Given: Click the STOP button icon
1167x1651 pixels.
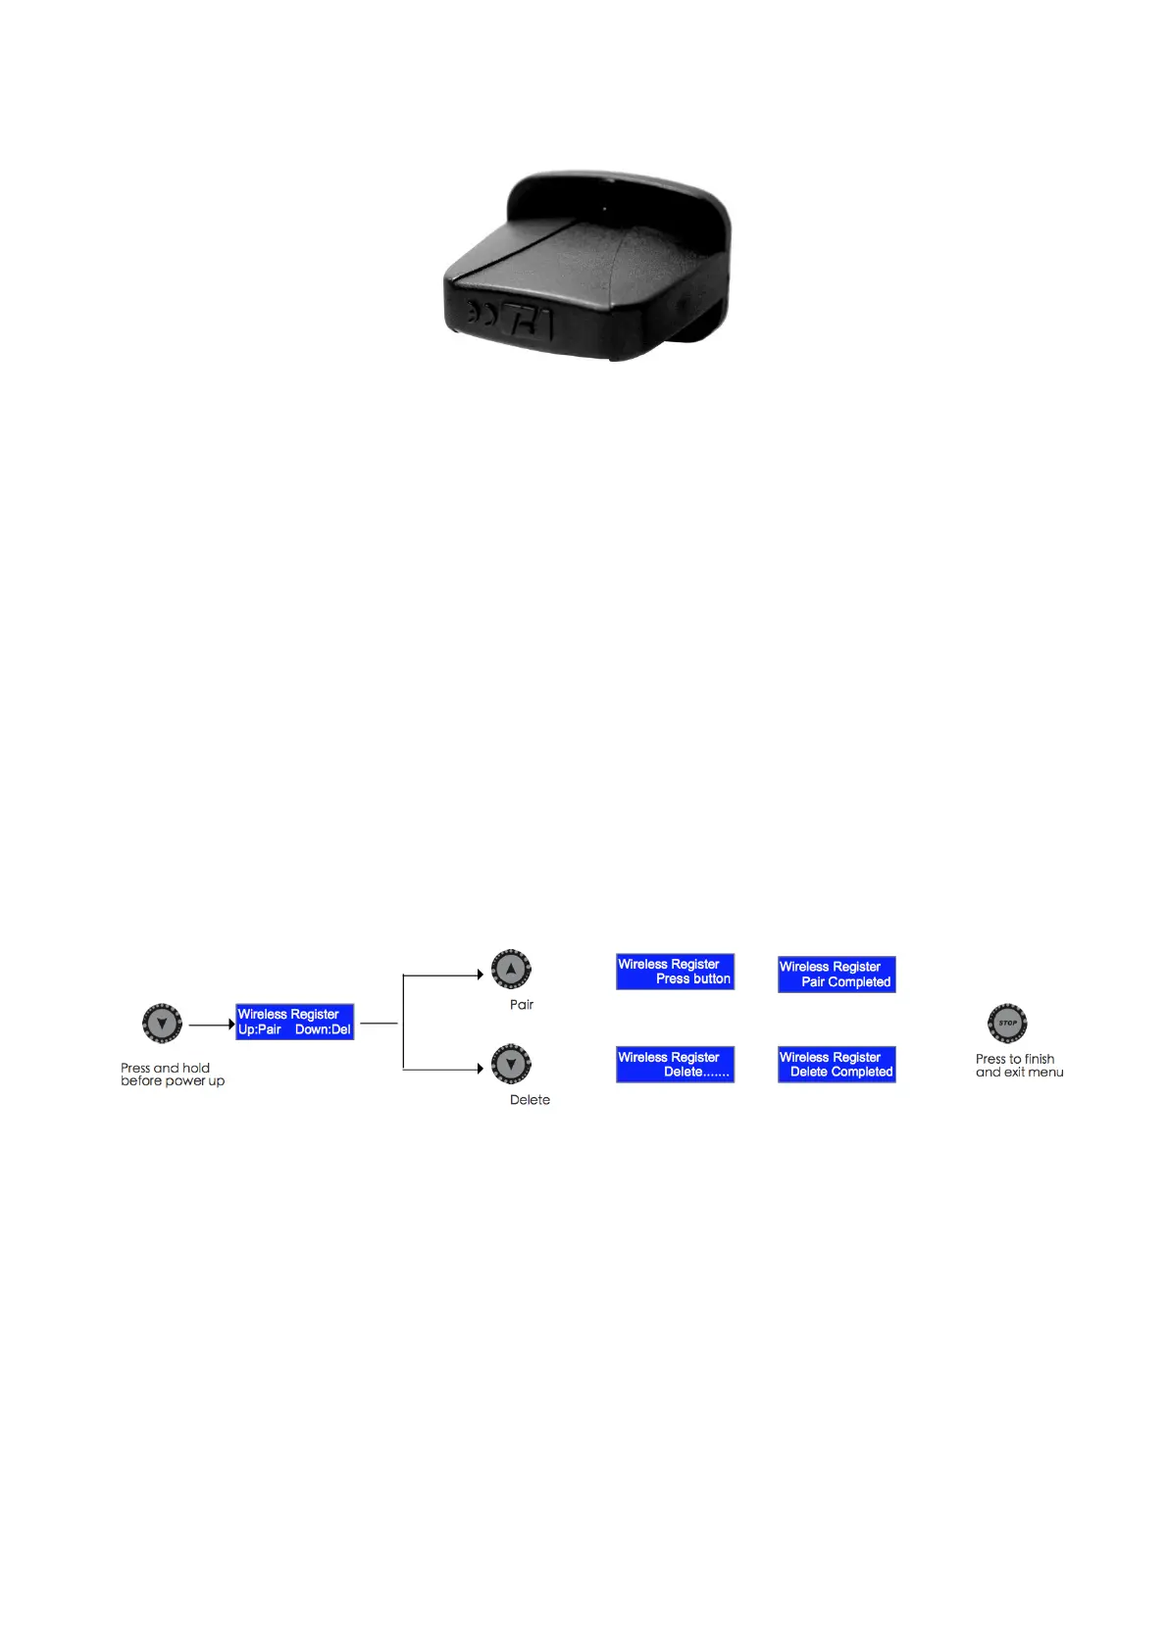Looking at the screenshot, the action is (x=1007, y=1023).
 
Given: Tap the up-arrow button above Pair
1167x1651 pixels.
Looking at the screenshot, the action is (x=511, y=969).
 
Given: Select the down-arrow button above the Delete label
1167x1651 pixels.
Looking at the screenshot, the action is (x=511, y=1064).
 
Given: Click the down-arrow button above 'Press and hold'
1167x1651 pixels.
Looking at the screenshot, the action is (x=162, y=1024).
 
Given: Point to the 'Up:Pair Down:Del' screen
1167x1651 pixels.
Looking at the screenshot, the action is (x=294, y=1022).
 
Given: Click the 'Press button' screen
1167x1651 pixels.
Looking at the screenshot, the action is (x=675, y=972).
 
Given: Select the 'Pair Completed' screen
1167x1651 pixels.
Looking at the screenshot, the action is (x=837, y=975).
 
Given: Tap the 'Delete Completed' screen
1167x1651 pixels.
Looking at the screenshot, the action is (x=837, y=1065).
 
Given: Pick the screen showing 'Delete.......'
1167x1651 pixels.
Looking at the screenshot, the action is (x=675, y=1065).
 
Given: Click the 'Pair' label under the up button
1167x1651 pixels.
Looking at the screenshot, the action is (x=522, y=1005).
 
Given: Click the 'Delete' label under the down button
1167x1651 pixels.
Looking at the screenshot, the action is (x=530, y=1100).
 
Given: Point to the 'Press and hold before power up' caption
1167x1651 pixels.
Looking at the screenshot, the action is (x=173, y=1075).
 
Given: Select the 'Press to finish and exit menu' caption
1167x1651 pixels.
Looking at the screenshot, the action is (x=1019, y=1066).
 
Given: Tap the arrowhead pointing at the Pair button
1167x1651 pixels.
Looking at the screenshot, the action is (x=480, y=975).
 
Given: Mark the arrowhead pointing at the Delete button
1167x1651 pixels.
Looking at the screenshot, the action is (x=480, y=1069).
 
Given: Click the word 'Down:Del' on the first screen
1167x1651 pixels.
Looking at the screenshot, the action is (x=323, y=1029).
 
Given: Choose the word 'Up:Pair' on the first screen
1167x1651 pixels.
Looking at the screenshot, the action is (x=260, y=1029).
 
